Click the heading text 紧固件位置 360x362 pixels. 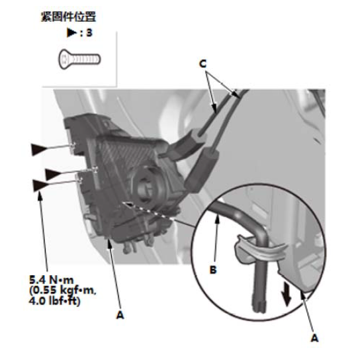68,17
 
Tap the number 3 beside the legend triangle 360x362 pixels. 89,32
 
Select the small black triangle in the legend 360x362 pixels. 71,32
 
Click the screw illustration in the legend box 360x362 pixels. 79,59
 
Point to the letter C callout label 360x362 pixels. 202,64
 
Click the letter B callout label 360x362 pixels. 213,269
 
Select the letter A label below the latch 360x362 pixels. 120,315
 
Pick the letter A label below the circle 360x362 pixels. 314,338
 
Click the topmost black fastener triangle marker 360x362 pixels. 39,149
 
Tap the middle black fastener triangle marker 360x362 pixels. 53,174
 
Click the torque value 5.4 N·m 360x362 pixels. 52,280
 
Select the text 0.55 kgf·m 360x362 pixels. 63,291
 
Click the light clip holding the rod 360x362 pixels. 260,251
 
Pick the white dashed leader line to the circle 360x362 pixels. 148,210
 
